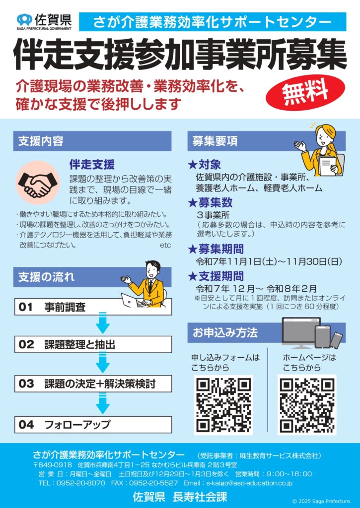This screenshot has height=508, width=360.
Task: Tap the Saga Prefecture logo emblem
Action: (x=24, y=20)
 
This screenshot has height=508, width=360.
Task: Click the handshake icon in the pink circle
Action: (x=38, y=183)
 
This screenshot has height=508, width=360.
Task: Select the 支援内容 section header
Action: (x=92, y=141)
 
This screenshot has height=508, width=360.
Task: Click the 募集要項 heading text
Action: (x=215, y=141)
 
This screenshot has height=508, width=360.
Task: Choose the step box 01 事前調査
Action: (x=93, y=307)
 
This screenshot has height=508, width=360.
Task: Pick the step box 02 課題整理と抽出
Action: (x=93, y=344)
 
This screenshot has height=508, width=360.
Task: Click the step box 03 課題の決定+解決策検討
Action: (x=93, y=384)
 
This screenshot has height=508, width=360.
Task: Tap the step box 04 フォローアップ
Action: (x=93, y=425)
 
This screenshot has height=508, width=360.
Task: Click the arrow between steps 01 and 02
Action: (x=102, y=323)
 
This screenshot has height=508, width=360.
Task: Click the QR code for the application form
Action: (x=223, y=405)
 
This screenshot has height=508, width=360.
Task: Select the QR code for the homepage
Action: (x=307, y=405)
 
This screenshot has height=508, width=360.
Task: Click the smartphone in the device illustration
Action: (x=336, y=340)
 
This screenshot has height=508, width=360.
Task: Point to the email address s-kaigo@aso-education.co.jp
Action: (x=249, y=483)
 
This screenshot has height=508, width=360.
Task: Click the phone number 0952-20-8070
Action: (x=81, y=483)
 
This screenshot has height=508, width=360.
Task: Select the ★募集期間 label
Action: (x=216, y=249)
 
